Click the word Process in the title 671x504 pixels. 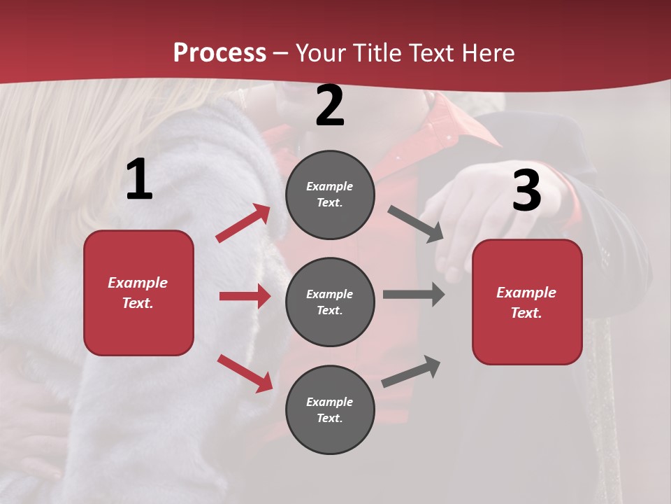pos(219,53)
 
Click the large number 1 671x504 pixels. pos(139,180)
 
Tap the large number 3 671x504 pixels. pos(527,191)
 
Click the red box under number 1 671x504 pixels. pos(138,293)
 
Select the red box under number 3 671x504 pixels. pos(527,302)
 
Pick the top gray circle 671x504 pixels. pos(330,195)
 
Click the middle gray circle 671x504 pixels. pos(330,302)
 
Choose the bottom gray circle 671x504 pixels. pos(330,409)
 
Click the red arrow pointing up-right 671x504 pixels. pos(243,223)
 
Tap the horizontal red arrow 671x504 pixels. pos(245,296)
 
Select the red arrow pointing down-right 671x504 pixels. pos(245,372)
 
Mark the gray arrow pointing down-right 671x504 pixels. pos(416,224)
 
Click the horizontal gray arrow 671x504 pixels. pos(414,294)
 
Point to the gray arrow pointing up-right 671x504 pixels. pos(411,371)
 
